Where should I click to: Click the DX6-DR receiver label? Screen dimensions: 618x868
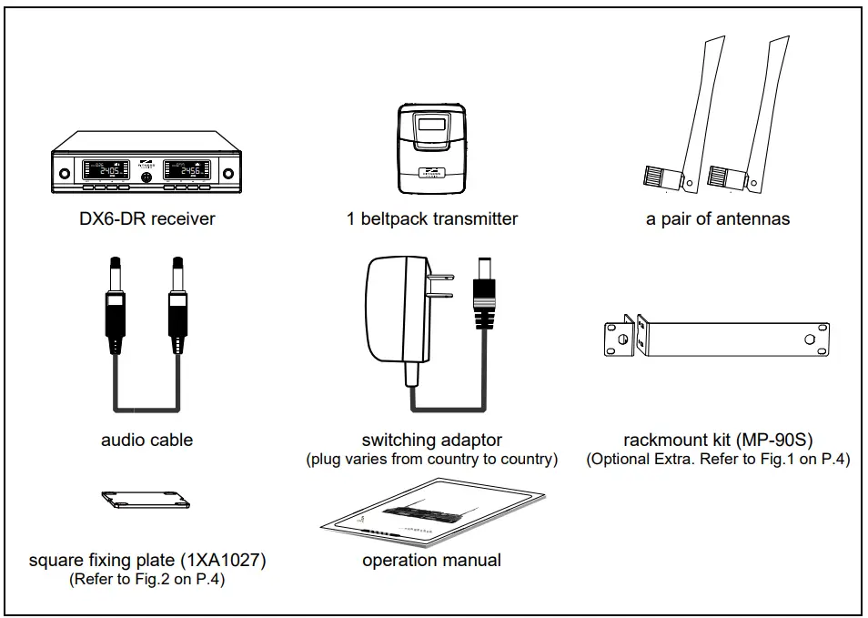pos(146,218)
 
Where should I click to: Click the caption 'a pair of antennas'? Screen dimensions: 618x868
pos(718,218)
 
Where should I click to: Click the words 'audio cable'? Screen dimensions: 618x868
pos(146,440)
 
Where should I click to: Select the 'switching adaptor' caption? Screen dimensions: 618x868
pos(431,440)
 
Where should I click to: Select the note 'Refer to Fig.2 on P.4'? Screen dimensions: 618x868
pos(146,580)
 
